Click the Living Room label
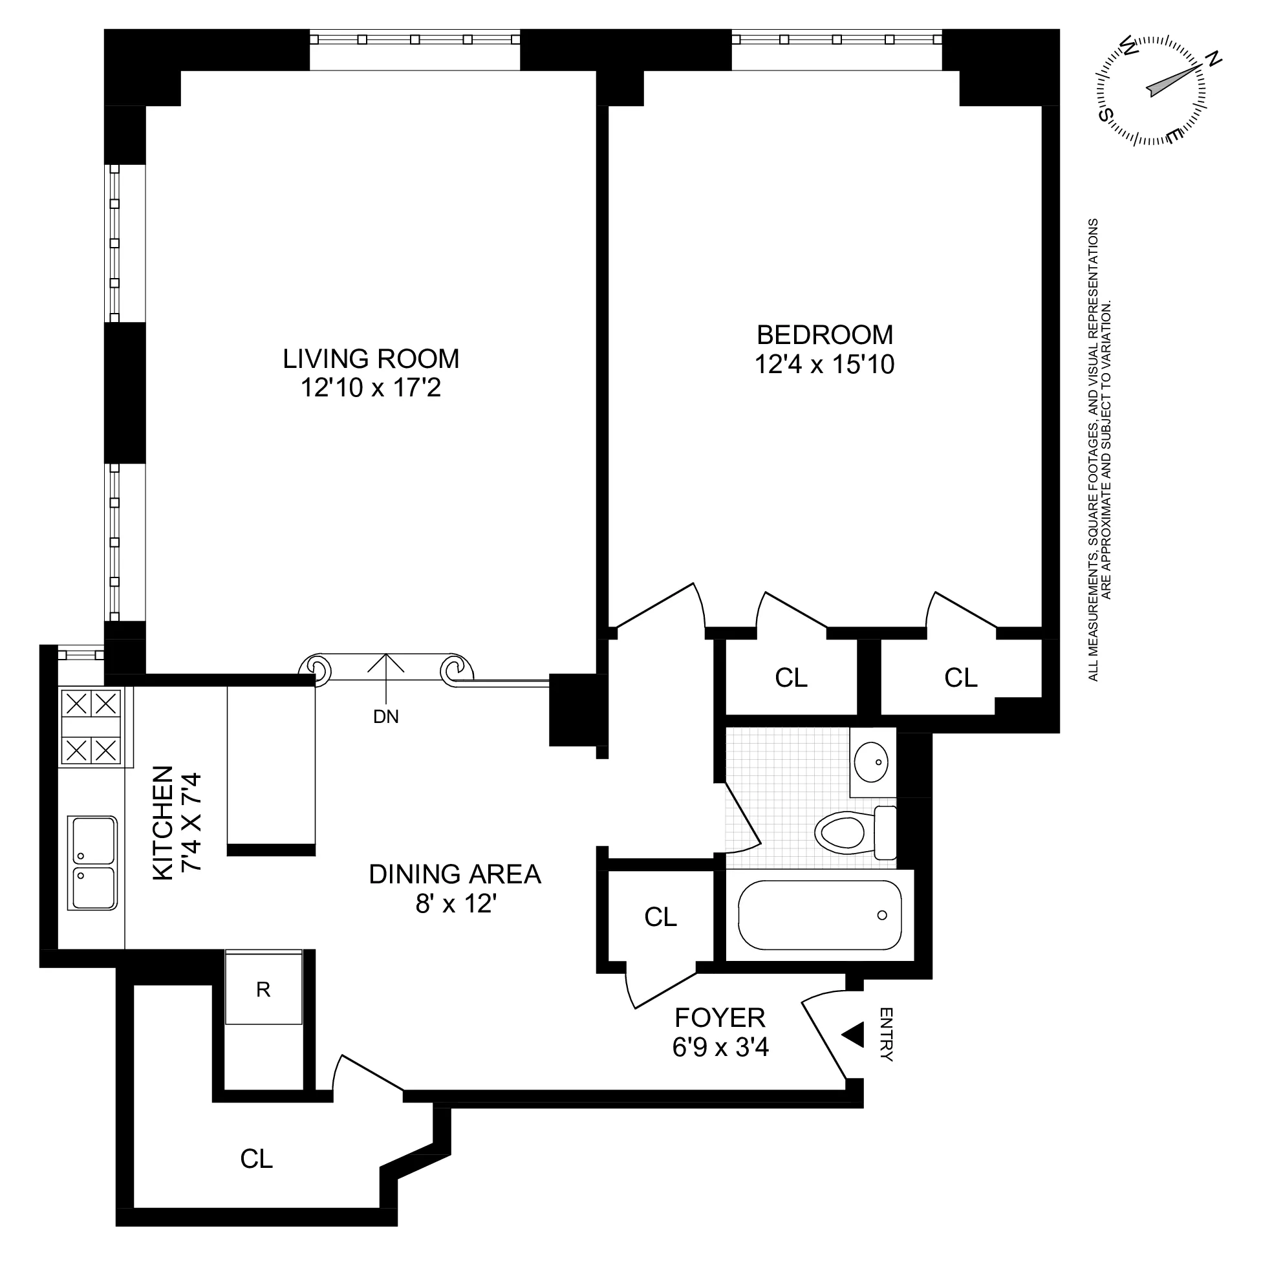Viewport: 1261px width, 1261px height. click(x=371, y=359)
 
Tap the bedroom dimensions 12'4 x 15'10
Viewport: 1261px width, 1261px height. click(x=824, y=365)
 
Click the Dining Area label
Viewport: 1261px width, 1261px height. click(x=455, y=874)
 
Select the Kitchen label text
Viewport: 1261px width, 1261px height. click(x=163, y=823)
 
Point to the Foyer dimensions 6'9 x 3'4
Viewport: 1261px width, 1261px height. click(x=720, y=1048)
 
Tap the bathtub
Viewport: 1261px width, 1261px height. click(x=819, y=915)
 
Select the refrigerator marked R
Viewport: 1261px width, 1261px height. click(x=264, y=989)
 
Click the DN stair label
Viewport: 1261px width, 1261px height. click(x=386, y=717)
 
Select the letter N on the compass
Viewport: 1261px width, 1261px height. click(x=1213, y=59)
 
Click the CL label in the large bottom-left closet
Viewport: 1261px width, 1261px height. click(x=257, y=1159)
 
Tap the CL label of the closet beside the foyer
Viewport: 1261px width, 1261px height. click(x=660, y=917)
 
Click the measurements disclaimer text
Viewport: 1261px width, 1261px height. click(x=1100, y=450)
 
